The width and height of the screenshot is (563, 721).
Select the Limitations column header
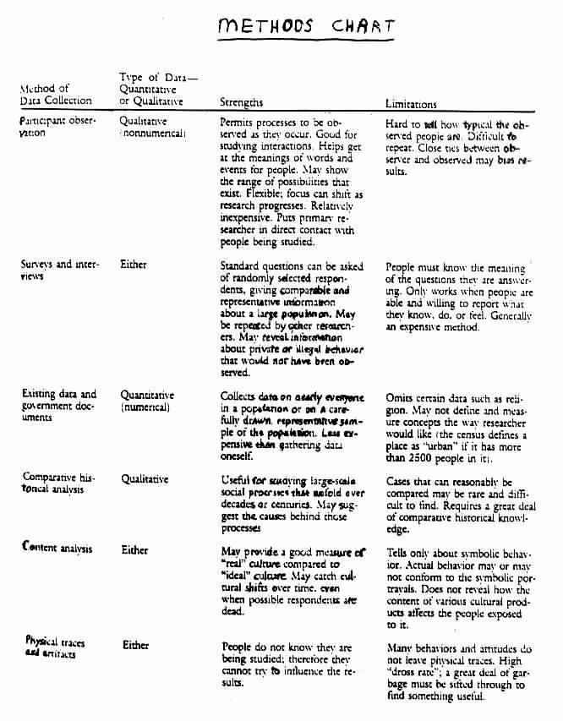[x=411, y=104]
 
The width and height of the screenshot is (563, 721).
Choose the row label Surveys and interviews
[x=58, y=270]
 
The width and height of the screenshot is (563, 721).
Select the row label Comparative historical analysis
[x=57, y=483]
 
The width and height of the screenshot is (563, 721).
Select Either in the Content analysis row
[x=135, y=549]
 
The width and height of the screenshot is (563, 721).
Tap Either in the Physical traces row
[x=136, y=645]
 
